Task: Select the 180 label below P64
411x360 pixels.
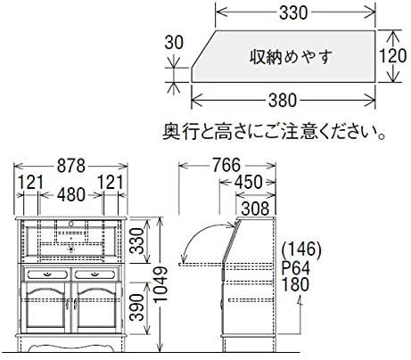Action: point(297,285)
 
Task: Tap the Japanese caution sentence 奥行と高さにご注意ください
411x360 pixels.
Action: point(276,135)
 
